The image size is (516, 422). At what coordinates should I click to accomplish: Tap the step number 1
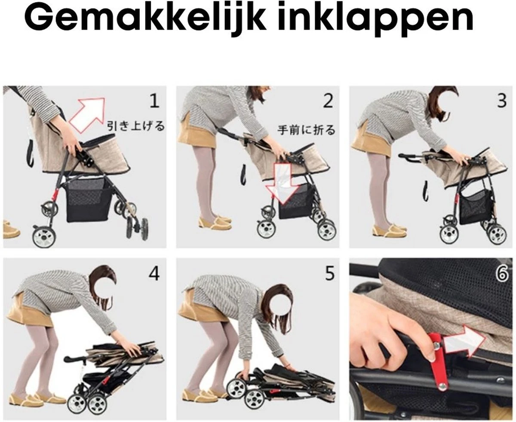click(x=154, y=101)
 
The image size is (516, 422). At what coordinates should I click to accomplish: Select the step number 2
click(x=328, y=101)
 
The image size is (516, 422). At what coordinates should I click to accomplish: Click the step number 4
click(x=154, y=273)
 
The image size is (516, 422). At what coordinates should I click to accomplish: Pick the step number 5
click(x=329, y=274)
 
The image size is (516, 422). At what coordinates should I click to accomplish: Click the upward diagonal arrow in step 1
click(x=87, y=113)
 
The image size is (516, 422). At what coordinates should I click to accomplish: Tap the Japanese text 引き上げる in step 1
click(x=136, y=126)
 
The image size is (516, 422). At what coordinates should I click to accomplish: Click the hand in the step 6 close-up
click(x=383, y=327)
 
